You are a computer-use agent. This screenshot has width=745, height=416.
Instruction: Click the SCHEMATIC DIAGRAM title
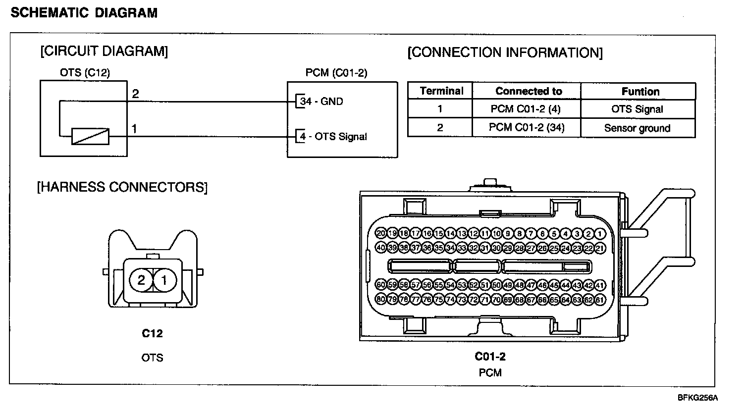tap(84, 13)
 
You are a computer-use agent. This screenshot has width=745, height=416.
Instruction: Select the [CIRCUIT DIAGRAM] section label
tap(104, 51)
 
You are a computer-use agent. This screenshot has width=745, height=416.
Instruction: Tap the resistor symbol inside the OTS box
tap(90, 136)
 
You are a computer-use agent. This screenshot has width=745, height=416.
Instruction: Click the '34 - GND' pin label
tap(321, 102)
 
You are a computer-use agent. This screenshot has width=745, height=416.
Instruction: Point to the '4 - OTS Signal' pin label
tap(333, 136)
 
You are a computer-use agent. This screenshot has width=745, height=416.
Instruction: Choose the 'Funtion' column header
tap(640, 92)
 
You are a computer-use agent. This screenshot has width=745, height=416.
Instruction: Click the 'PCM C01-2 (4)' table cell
tap(527, 109)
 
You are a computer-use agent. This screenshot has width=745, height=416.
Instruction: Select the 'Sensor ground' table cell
tap(637, 128)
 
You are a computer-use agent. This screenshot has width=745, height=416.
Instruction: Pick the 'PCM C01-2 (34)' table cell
tap(527, 128)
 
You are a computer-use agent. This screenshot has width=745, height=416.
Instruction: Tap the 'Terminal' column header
tap(441, 91)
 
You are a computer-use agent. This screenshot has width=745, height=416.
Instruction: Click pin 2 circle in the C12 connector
tap(141, 281)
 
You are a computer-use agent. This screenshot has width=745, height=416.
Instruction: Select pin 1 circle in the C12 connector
tap(165, 281)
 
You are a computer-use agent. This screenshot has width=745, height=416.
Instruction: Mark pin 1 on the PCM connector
tap(600, 234)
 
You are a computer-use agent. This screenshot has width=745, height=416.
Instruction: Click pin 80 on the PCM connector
tap(381, 299)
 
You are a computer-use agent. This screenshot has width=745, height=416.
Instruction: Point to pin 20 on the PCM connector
tap(381, 233)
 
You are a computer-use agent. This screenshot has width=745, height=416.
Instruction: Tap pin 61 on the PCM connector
tap(600, 300)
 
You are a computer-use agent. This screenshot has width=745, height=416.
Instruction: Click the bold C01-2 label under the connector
tap(490, 356)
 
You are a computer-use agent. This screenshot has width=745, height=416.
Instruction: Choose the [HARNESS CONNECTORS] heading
tap(122, 187)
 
